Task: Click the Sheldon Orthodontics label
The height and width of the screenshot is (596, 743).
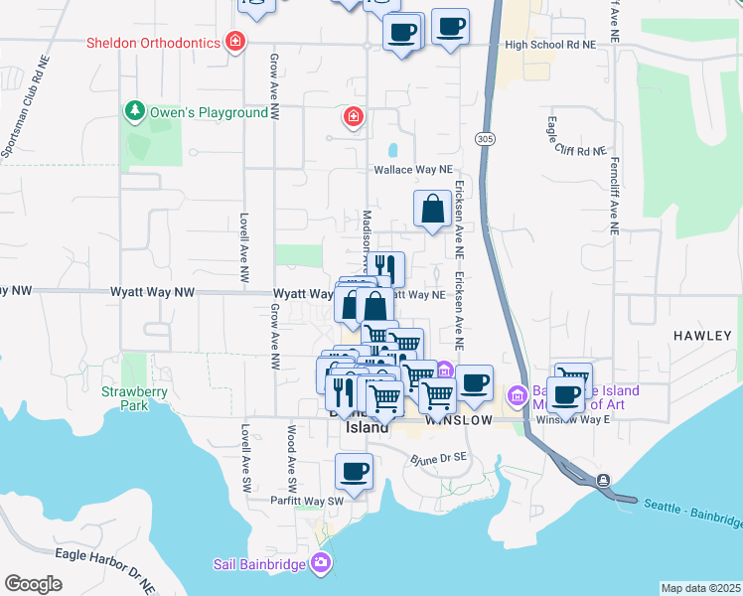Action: click(x=151, y=43)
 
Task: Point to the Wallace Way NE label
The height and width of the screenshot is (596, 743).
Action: click(x=412, y=170)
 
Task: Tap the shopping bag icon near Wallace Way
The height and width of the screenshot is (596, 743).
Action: click(x=432, y=210)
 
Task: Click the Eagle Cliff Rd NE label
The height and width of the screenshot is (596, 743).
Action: click(x=575, y=151)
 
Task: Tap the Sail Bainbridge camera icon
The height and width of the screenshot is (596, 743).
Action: click(x=320, y=564)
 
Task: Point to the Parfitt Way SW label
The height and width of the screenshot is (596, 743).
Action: click(x=307, y=502)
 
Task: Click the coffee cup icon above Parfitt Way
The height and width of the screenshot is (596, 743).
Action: click(x=354, y=471)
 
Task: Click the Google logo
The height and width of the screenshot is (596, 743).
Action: click(x=33, y=584)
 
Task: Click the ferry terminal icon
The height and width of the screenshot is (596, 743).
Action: click(x=603, y=481)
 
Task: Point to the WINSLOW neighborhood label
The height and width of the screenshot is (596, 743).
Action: click(x=460, y=420)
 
